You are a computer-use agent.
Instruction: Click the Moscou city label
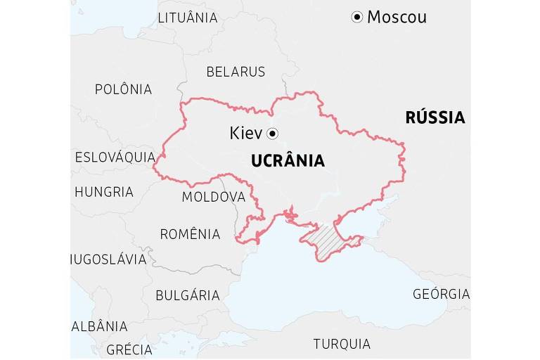point(397,17)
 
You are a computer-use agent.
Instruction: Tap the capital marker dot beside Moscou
point(357,17)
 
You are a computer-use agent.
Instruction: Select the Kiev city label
point(245,133)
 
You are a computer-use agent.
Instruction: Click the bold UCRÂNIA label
point(288,161)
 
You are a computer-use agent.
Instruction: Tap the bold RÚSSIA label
point(435,117)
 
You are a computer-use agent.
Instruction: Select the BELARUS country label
point(236,72)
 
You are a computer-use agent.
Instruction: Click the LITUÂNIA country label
point(187,18)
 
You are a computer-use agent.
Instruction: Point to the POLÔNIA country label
point(123,89)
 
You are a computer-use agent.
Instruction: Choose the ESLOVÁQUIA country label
point(115,157)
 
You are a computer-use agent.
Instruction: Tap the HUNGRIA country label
point(103,191)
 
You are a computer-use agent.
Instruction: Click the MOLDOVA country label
point(213,197)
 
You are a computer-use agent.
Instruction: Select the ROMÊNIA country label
point(190,234)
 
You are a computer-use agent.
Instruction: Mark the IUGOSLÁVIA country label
point(109,259)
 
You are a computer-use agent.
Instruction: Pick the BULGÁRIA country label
point(187,295)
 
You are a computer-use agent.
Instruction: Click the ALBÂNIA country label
point(100,326)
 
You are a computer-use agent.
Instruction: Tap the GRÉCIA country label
point(129,349)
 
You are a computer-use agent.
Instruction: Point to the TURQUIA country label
point(342,344)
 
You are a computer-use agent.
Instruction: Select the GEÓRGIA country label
point(441,294)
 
